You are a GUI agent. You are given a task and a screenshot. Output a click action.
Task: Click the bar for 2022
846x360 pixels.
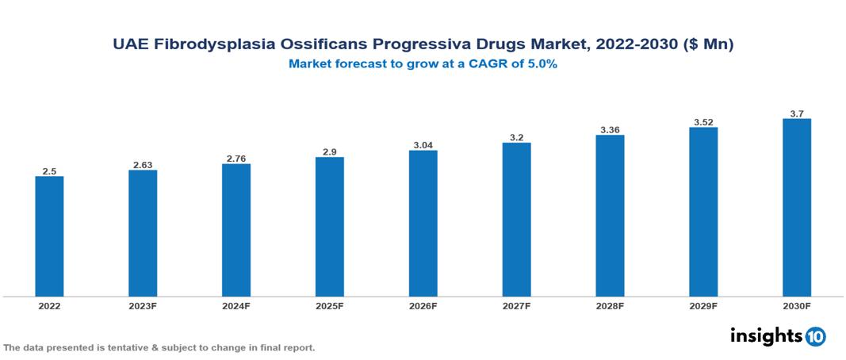pyautogui.click(x=49, y=236)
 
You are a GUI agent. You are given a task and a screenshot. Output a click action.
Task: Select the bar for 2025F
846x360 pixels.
pyautogui.click(x=329, y=227)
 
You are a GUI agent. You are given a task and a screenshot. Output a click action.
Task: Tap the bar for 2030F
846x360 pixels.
pyautogui.click(x=796, y=208)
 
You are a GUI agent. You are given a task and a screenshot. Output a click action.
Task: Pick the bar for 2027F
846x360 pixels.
pyautogui.click(x=516, y=220)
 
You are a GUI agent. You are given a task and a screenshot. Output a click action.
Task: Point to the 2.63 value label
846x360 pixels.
pyautogui.click(x=143, y=165)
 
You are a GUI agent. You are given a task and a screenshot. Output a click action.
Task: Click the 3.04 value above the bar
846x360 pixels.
pyautogui.click(x=423, y=145)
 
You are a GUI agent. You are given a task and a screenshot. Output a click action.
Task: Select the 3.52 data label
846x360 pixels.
pyautogui.click(x=702, y=122)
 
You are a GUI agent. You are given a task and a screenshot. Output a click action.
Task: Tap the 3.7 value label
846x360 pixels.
pyautogui.click(x=796, y=113)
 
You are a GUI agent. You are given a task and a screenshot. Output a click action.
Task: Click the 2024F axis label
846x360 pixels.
pyautogui.click(x=236, y=305)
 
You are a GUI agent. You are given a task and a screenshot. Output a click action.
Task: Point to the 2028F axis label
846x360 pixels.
pyautogui.click(x=610, y=305)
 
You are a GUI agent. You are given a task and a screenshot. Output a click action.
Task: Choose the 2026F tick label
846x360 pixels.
pyautogui.click(x=423, y=305)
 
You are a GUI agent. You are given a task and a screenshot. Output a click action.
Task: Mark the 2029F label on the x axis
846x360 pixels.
pyautogui.click(x=702, y=305)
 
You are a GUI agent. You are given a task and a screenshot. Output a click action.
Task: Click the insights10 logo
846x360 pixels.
pyautogui.click(x=777, y=336)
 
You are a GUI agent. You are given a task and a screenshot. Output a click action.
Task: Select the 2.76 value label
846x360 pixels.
pyautogui.click(x=236, y=159)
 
